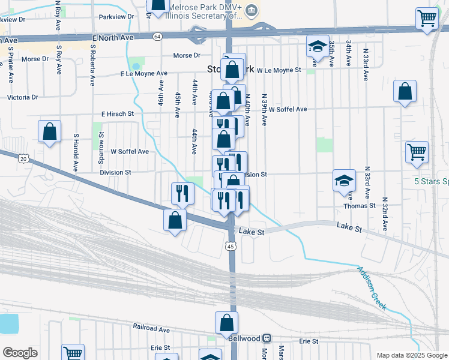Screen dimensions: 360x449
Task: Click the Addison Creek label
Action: point(373,287)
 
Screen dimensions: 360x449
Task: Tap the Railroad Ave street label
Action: point(151,328)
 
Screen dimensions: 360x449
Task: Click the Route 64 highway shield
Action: point(157,36)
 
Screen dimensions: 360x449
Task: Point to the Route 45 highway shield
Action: point(231,246)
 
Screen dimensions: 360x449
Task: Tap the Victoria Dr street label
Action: point(22,97)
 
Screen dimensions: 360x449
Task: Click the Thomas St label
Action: point(360,205)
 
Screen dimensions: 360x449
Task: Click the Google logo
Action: point(20,353)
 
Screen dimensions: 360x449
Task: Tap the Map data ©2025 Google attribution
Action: point(412,355)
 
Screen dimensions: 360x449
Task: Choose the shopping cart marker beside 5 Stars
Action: point(417,152)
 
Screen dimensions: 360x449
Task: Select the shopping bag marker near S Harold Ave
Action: point(49,131)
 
